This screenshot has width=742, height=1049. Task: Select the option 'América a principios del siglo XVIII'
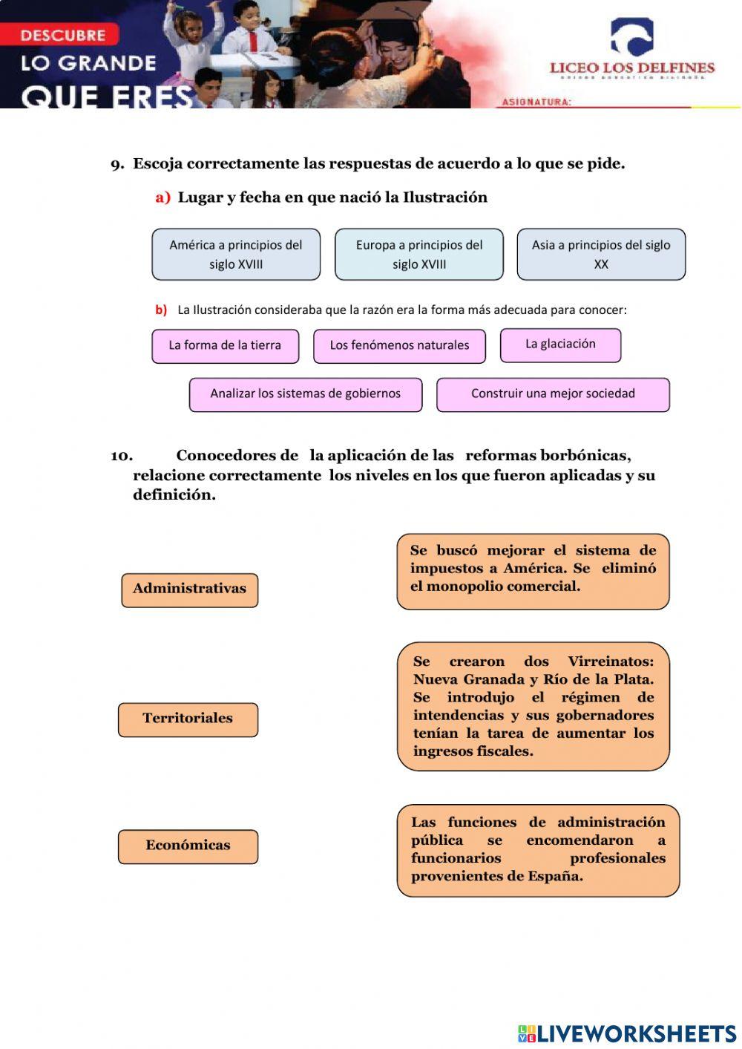(x=236, y=255)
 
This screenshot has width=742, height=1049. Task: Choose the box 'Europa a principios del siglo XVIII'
(x=418, y=255)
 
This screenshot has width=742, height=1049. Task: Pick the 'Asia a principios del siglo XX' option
(x=601, y=255)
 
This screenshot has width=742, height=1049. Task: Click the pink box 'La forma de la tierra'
(x=225, y=346)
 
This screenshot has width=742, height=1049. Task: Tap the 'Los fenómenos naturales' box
(x=399, y=346)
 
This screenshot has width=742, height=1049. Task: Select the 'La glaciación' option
(x=560, y=345)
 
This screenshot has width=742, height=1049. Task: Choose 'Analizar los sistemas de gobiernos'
(x=305, y=394)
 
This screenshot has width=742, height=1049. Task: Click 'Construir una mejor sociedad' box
(x=553, y=394)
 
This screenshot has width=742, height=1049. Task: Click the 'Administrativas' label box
(x=189, y=589)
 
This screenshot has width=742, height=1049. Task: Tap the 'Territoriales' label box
(x=188, y=719)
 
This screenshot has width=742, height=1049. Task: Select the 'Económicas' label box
(x=188, y=846)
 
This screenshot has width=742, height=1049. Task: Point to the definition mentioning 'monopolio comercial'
(x=533, y=571)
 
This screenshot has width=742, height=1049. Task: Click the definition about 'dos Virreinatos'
(x=533, y=706)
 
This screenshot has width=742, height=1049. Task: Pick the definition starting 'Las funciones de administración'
(x=538, y=850)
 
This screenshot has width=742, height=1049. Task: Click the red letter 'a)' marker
(x=162, y=197)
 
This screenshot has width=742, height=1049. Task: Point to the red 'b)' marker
(x=161, y=310)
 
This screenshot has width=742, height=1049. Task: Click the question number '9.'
(x=117, y=164)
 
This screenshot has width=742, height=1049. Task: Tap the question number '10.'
(x=122, y=456)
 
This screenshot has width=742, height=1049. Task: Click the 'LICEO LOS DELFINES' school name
(x=631, y=68)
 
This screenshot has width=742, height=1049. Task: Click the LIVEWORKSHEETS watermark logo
(x=627, y=1033)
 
